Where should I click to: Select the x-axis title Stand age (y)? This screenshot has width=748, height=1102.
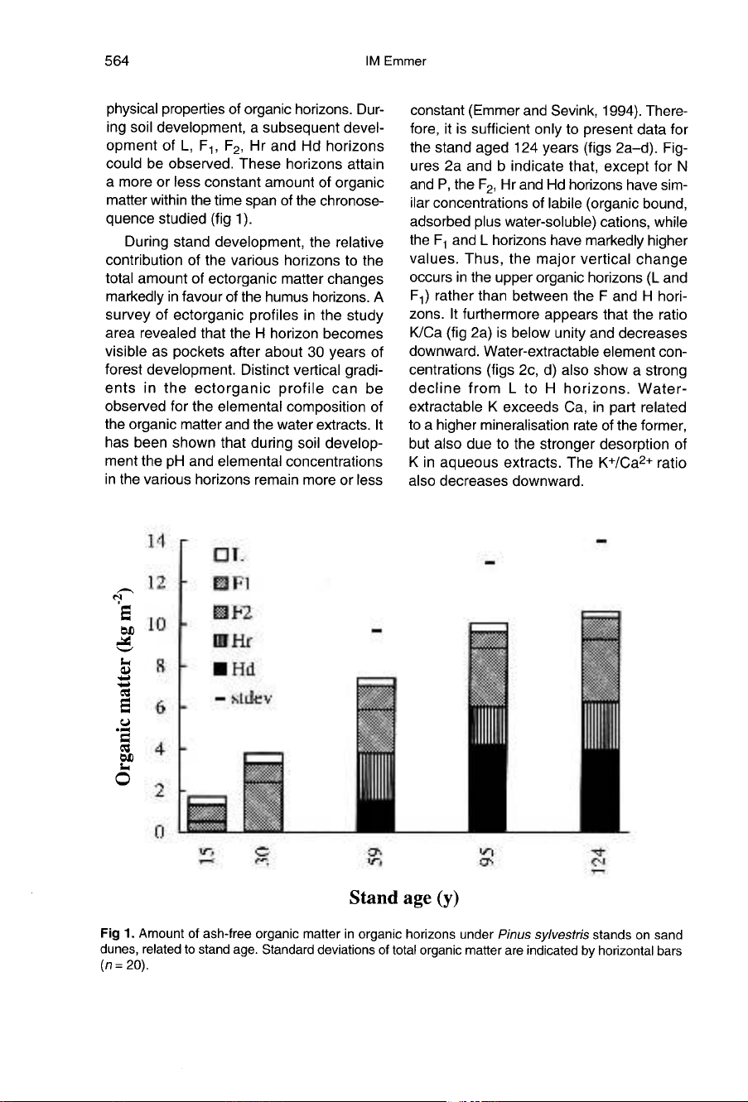(404, 897)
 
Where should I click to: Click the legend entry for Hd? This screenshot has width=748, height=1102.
(234, 668)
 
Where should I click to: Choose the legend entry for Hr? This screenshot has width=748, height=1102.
(233, 640)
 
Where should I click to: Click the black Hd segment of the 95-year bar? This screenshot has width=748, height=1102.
(488, 787)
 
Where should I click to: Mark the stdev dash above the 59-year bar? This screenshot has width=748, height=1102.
(375, 632)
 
